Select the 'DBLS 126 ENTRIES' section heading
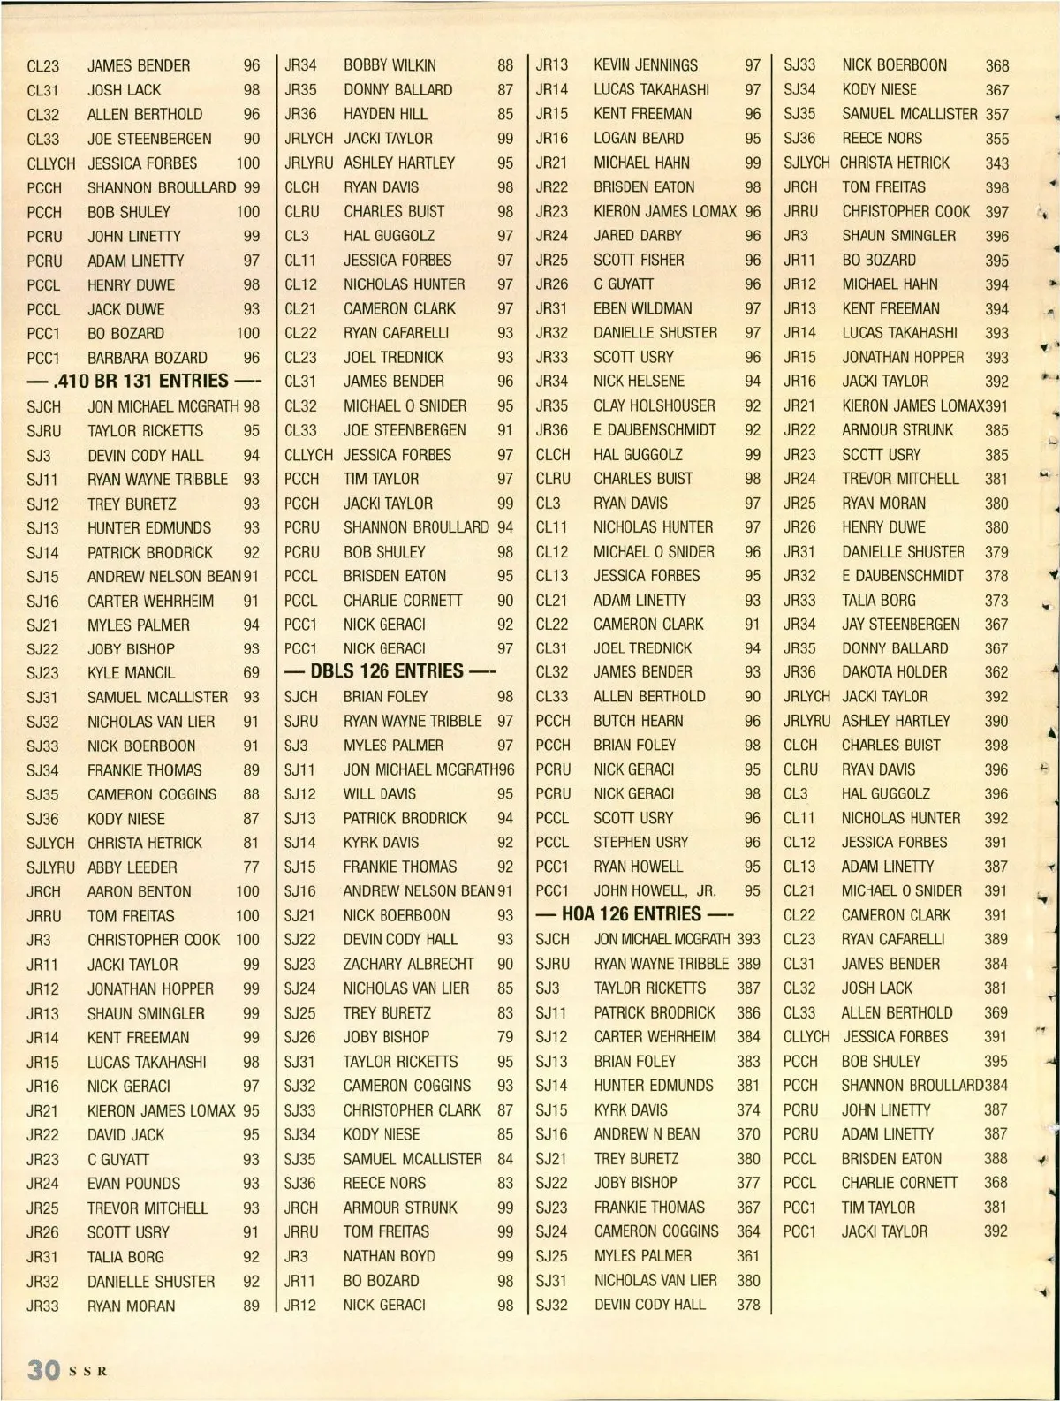pyautogui.click(x=387, y=671)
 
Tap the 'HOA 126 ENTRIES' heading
pyautogui.click(x=632, y=913)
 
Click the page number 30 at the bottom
pyautogui.click(x=43, y=1370)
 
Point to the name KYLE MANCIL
pyautogui.click(x=131, y=673)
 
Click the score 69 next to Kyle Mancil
pyautogui.click(x=252, y=673)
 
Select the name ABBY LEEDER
pyautogui.click(x=132, y=867)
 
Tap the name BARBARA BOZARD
pyautogui.click(x=147, y=358)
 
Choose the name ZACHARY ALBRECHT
pyautogui.click(x=408, y=964)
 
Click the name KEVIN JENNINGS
pyautogui.click(x=645, y=65)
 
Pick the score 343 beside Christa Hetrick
pyautogui.click(x=996, y=163)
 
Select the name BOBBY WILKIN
pyautogui.click(x=389, y=65)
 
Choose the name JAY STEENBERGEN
pyautogui.click(x=900, y=625)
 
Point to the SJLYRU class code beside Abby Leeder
pyautogui.click(x=50, y=867)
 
